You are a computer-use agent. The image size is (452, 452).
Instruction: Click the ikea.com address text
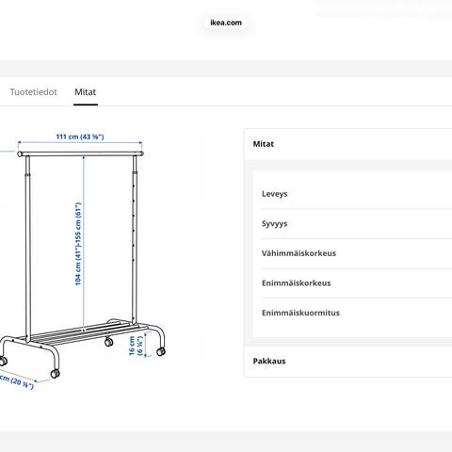tap(226, 23)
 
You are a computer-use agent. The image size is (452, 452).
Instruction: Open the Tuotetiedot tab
tap(33, 92)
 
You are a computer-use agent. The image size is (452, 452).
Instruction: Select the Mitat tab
tap(86, 92)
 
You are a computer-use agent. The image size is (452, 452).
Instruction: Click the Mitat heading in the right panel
tap(264, 144)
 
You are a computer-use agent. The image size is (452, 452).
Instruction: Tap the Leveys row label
tap(275, 194)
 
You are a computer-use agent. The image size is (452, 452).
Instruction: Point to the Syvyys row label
tap(275, 224)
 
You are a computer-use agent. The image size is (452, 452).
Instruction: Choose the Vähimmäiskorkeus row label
tap(299, 253)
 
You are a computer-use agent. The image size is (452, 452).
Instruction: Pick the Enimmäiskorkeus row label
tap(297, 283)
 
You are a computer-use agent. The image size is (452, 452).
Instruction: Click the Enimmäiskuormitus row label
tap(300, 313)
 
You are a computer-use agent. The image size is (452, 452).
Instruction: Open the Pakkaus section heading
tap(269, 361)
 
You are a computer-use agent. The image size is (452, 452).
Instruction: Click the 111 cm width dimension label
tap(80, 137)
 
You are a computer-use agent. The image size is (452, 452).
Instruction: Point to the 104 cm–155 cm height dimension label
tap(78, 244)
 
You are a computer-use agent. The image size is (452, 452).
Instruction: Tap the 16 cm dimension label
tap(136, 346)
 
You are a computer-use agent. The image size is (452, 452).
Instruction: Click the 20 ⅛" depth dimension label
tap(16, 381)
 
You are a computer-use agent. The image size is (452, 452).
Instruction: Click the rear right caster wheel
tap(161, 351)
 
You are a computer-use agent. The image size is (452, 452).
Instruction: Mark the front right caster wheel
tap(55, 374)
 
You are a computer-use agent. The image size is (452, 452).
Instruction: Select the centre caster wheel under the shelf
tap(108, 342)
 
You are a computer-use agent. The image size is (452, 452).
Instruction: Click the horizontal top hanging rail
tap(81, 153)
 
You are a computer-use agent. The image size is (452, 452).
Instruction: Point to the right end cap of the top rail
tap(142, 153)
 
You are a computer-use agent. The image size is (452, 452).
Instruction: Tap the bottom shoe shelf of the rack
tap(85, 332)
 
